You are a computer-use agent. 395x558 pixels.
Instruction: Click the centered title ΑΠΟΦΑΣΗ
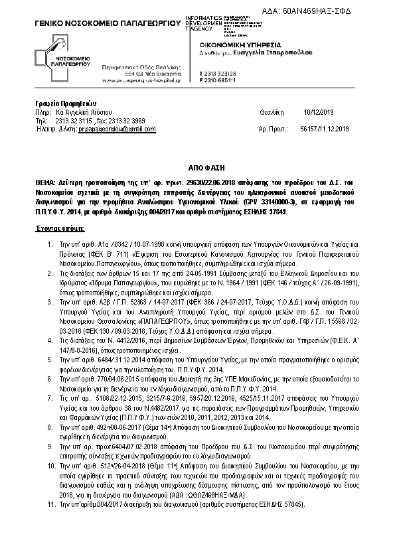coord(197,169)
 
